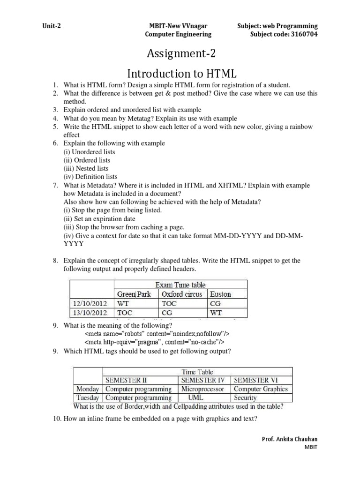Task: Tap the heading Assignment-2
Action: tap(181, 54)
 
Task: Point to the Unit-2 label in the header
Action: tap(51, 26)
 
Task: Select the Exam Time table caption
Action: tap(180, 285)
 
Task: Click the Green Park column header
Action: tap(134, 294)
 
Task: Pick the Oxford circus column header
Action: tap(181, 294)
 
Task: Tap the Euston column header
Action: tap(220, 294)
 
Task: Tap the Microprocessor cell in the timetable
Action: tap(202, 389)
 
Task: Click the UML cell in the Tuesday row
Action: tap(202, 397)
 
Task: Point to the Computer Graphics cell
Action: tap(261, 389)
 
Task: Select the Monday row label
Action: tap(87, 389)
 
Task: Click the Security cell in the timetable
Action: tap(245, 397)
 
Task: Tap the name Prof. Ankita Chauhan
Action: tap(289, 439)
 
